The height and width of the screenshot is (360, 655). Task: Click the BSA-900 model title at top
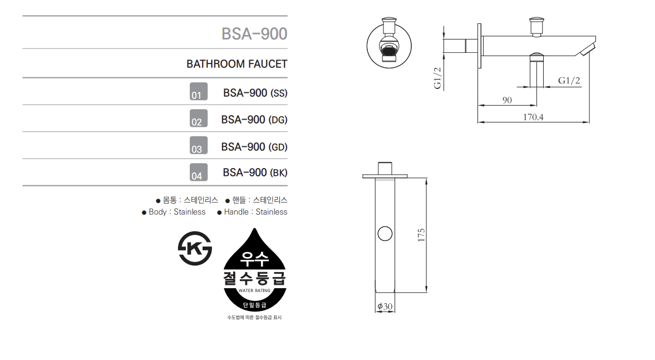(254, 34)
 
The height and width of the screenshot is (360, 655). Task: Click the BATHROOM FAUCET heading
(237, 64)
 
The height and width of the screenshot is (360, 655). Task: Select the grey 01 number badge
(199, 91)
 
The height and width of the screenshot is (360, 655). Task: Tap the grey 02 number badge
(199, 118)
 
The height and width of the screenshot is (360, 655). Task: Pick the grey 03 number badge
(199, 145)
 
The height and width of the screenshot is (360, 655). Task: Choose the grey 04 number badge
(199, 172)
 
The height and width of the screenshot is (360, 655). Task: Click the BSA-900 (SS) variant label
(255, 93)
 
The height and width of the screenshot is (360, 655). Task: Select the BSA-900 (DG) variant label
(254, 120)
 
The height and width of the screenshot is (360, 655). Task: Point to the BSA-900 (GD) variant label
(254, 147)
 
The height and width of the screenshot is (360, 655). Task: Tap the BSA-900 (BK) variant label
(255, 172)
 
